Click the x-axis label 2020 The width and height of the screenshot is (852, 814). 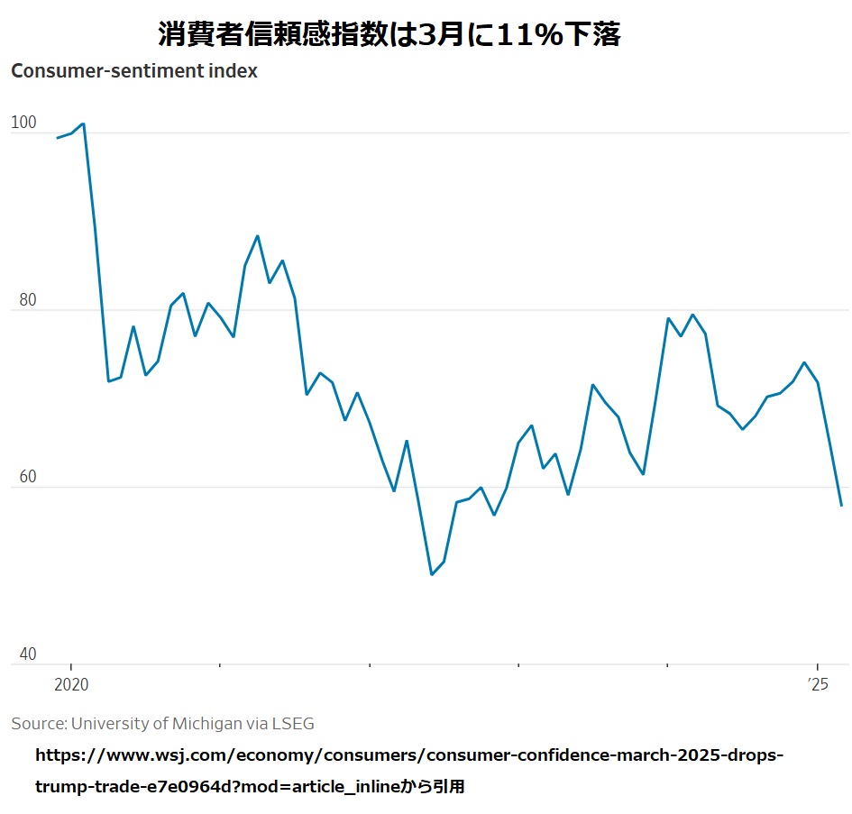pyautogui.click(x=71, y=684)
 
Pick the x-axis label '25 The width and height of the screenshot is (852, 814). pyautogui.click(x=818, y=684)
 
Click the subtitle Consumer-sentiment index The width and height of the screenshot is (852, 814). pyautogui.click(x=134, y=71)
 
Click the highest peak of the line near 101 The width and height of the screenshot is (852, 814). pyautogui.click(x=83, y=123)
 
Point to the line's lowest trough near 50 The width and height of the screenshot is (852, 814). pyautogui.click(x=432, y=574)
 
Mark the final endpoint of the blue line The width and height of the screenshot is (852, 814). pyautogui.click(x=841, y=506)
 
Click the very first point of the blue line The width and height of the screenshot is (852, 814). pyautogui.click(x=57, y=138)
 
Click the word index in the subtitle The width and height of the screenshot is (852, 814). pyautogui.click(x=234, y=71)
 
